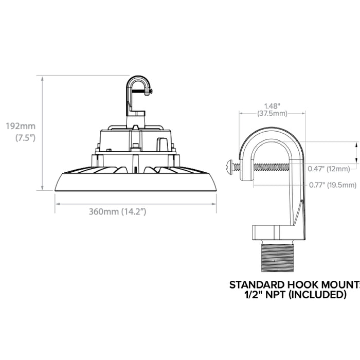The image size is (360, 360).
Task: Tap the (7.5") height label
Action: [24, 138]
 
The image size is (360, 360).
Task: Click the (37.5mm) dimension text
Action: [272, 113]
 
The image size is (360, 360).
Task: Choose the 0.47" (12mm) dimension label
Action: [329, 168]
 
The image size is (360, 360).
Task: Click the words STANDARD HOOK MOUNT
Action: [293, 284]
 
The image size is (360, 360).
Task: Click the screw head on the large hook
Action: [229, 166]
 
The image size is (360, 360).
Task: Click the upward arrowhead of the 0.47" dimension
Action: [354, 146]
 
